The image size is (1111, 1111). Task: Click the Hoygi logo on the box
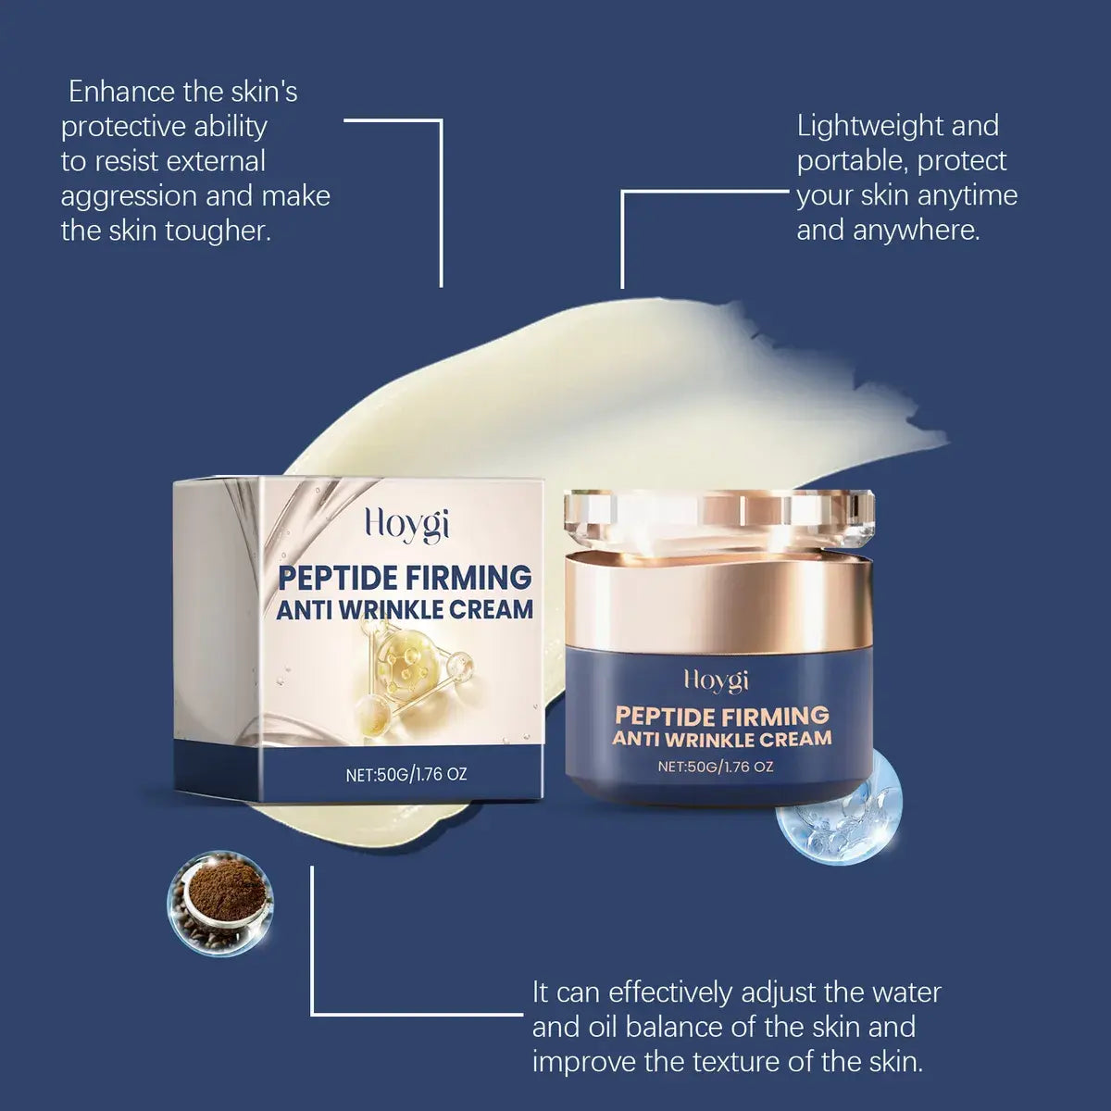406,524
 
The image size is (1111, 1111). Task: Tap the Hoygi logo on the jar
716,680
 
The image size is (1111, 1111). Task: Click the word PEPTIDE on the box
339,578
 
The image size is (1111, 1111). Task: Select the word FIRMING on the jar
778,716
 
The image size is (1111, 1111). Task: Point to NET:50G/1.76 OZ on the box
406,774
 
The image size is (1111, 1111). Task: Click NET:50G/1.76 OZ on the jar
716,767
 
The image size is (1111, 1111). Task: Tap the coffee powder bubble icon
220,903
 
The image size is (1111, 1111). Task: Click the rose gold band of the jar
719,602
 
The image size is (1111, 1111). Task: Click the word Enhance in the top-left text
120,92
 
